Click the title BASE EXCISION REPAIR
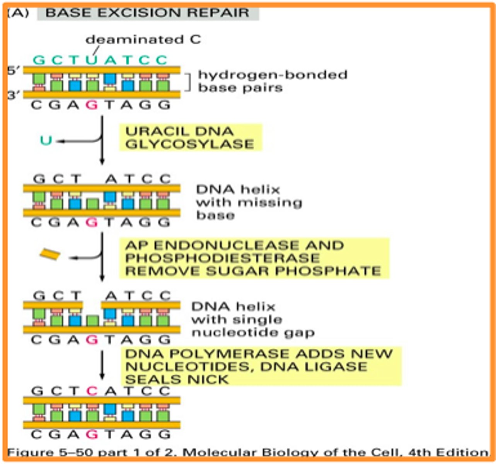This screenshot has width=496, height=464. pos(147,12)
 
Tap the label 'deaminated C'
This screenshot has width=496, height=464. pos(143,39)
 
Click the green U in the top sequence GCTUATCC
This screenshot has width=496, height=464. pos(91,60)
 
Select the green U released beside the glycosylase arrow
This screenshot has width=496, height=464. pos(46,140)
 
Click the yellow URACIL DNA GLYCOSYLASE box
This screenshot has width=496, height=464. pos(190,138)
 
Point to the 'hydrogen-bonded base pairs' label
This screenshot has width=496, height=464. pos(272,81)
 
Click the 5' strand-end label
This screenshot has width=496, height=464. pos(14,71)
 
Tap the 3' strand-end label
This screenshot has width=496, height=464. pos(14,95)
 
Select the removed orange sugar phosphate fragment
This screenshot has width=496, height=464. pos(50,254)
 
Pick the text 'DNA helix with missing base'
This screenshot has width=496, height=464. pos(249,202)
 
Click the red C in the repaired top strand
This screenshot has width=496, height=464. pos(91,391)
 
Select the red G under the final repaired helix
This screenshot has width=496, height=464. pos(91,434)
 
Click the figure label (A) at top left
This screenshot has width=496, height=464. pos(17,12)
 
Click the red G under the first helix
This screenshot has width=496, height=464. pos(91,105)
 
